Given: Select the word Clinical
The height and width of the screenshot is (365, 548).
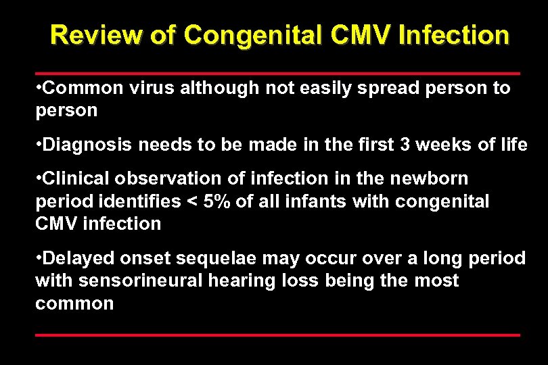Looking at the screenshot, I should point(79,179).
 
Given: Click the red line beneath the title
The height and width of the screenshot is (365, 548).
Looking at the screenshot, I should point(277,72).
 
